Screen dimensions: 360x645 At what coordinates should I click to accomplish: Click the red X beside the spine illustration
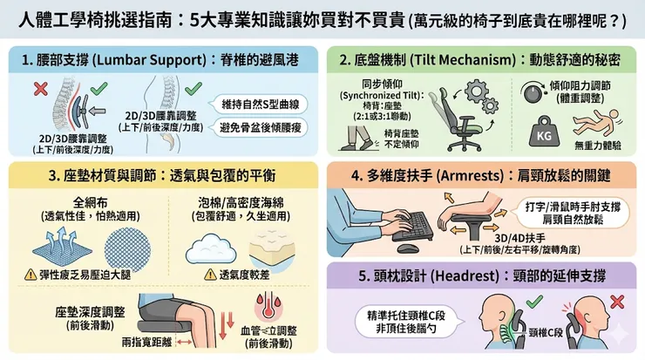39,87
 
